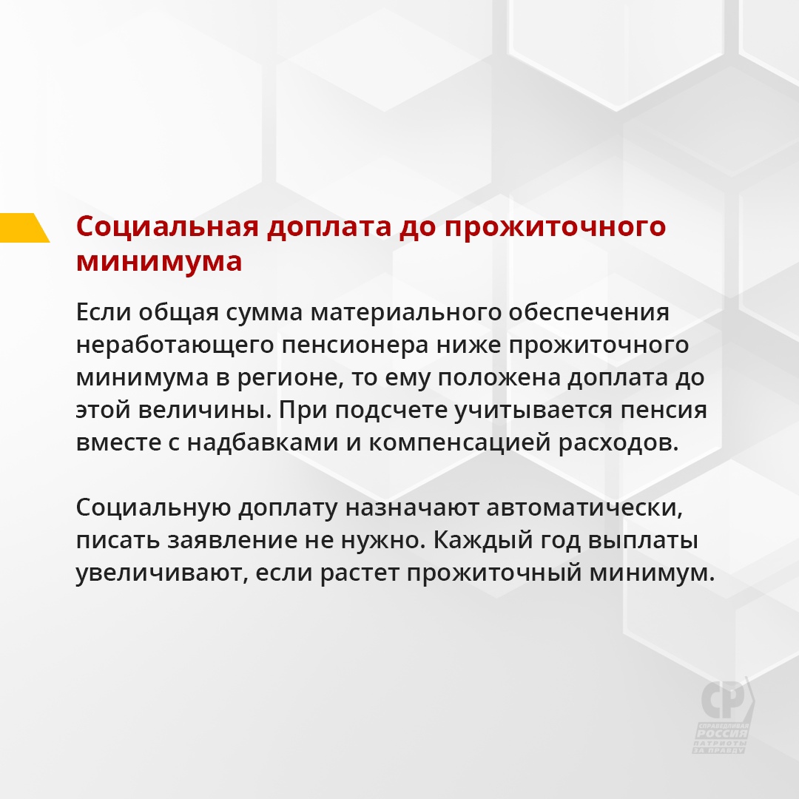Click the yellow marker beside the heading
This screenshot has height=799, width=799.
point(23,228)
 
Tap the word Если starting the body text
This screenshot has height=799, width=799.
point(104,312)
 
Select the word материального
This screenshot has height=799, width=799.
point(405,313)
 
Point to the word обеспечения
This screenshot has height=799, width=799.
point(589,313)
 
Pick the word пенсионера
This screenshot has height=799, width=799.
point(355,345)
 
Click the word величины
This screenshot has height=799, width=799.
point(205,410)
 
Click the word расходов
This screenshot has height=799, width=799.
point(618,443)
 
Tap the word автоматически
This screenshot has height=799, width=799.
point(584,508)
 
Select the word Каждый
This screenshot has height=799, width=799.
point(507,541)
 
